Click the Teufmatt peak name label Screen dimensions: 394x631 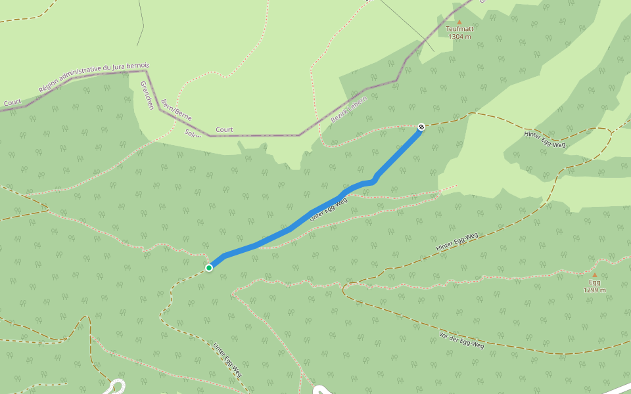459,29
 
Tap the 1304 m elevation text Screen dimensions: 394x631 459,37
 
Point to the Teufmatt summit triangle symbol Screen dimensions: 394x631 459,22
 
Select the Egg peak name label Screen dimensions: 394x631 594,282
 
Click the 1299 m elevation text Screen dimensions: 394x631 594,290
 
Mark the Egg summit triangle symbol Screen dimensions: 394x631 594,275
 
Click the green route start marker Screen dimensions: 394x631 209,267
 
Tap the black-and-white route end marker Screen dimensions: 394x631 421,127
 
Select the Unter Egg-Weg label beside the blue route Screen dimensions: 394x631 328,209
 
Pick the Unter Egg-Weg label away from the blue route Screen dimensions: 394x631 227,359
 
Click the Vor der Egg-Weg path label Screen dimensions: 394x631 461,341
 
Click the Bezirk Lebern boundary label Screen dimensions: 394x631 349,109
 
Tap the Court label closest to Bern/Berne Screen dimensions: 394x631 224,130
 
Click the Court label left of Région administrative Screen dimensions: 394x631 12,103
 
